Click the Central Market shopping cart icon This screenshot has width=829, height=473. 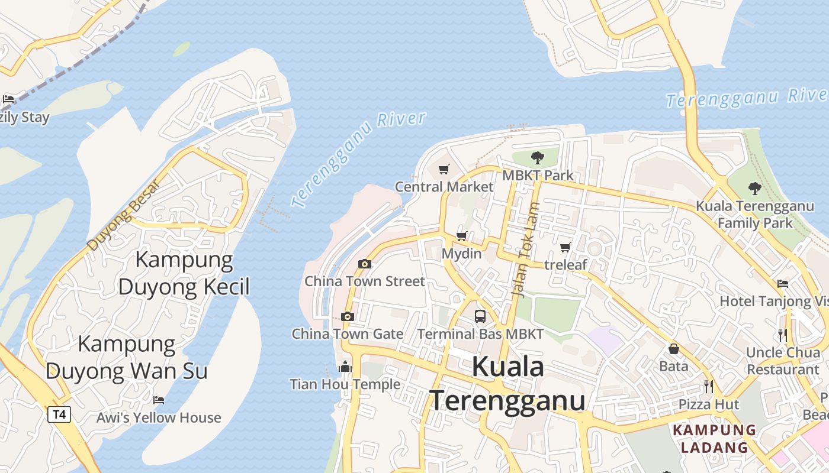[x=444, y=170]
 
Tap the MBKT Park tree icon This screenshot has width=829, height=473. [x=538, y=157]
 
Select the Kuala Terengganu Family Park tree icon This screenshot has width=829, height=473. [x=754, y=189]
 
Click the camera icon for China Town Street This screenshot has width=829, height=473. [x=365, y=264]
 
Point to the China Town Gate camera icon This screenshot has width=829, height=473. [x=348, y=316]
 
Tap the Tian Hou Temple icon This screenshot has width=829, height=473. [x=345, y=367]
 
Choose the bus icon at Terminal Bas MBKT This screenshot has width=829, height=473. [x=480, y=316]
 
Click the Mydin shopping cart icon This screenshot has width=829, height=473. [x=462, y=236]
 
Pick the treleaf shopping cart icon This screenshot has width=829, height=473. [x=565, y=247]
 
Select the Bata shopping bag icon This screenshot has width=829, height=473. [x=673, y=349]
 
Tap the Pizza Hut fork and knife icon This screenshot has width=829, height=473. [x=708, y=387]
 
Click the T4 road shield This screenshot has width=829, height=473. [x=59, y=414]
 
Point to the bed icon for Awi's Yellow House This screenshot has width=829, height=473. [x=159, y=400]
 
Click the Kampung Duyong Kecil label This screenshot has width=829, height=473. [x=184, y=273]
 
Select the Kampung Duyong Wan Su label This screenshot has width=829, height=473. [x=127, y=357]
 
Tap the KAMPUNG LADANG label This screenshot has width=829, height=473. [x=715, y=438]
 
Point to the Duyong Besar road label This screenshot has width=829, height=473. [x=123, y=214]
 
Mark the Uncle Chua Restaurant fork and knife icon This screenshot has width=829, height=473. [x=782, y=335]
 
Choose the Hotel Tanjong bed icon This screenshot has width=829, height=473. [x=783, y=284]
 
